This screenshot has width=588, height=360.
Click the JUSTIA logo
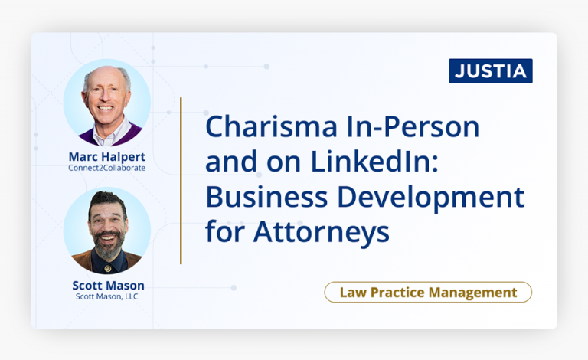coord(491,71)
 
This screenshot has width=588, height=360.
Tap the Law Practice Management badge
coord(428,293)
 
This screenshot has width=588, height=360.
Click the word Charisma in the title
coord(263,127)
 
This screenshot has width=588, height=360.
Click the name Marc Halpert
coord(106,157)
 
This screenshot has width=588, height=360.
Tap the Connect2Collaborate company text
coord(106,169)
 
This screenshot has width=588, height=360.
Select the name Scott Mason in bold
coord(106,286)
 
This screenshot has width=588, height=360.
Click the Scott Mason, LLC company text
coord(106,296)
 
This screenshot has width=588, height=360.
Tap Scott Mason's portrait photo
coord(106,230)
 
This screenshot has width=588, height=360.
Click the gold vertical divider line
coord(181,181)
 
